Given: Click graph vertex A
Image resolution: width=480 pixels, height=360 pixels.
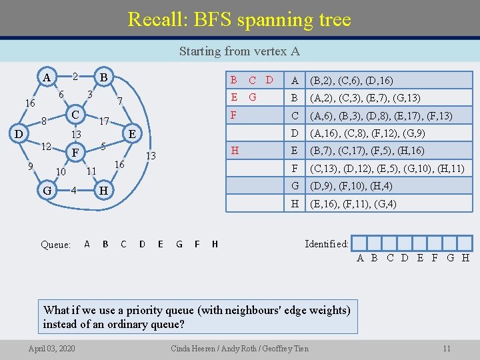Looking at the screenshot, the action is click(x=46, y=77).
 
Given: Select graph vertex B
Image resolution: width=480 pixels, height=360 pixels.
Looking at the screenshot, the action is click(x=104, y=77).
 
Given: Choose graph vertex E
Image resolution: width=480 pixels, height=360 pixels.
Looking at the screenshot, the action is click(x=132, y=134).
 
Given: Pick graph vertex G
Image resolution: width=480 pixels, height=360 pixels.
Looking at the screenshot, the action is click(x=47, y=191).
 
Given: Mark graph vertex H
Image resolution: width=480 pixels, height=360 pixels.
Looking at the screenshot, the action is click(x=103, y=191).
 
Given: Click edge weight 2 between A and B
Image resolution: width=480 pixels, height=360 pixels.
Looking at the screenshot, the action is click(x=75, y=77).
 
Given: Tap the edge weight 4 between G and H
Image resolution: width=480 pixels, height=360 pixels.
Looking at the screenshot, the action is click(x=75, y=191).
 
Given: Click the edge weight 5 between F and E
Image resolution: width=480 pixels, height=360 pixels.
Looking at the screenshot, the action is click(x=103, y=146).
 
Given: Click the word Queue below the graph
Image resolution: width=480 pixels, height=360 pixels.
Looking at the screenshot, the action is click(x=55, y=245).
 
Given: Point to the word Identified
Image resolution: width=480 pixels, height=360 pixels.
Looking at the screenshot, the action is click(x=326, y=244).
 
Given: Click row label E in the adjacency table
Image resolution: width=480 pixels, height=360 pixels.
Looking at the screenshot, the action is click(x=295, y=151).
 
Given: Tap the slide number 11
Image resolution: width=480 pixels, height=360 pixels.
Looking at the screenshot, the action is click(x=447, y=348).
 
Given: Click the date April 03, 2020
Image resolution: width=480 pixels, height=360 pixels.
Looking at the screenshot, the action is click(x=52, y=348).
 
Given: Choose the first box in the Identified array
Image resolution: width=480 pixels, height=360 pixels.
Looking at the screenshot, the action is click(x=358, y=244).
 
